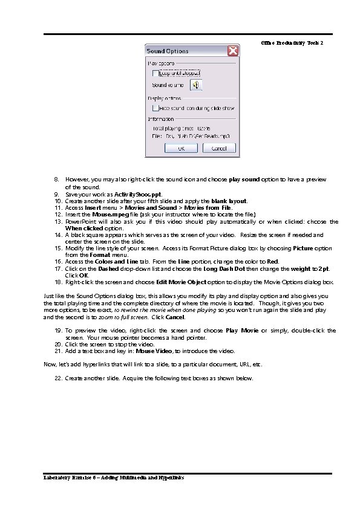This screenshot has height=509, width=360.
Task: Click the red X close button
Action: click(x=231, y=51)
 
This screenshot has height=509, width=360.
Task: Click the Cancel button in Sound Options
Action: click(x=218, y=148)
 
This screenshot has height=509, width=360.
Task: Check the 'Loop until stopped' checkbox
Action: click(x=155, y=73)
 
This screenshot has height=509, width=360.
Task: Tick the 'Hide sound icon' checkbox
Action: click(x=155, y=108)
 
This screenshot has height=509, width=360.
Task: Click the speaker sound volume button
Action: click(x=196, y=85)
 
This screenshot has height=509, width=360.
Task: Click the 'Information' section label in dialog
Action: click(x=161, y=119)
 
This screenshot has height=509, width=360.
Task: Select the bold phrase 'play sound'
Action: click(x=244, y=180)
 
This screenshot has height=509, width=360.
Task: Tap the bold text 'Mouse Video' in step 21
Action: click(x=154, y=351)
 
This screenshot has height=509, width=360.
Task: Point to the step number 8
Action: click(x=57, y=180)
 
